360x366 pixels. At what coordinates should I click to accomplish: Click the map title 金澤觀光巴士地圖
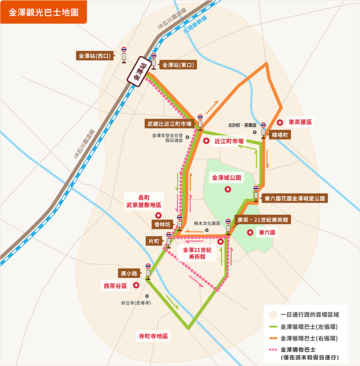click(x=43, y=12)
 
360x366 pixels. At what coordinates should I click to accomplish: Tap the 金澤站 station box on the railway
click(x=139, y=70)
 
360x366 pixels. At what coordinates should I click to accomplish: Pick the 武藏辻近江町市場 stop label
click(x=169, y=123)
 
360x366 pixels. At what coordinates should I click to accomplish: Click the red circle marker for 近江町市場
click(x=206, y=141)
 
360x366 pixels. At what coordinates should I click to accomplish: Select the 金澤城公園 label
click(x=227, y=178)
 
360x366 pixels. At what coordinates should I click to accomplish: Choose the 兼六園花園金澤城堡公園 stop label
click(x=295, y=198)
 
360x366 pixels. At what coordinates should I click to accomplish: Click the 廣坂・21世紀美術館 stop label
click(x=263, y=220)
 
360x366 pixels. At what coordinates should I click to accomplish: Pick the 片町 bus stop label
click(x=155, y=241)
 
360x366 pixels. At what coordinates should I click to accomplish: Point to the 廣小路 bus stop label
click(x=129, y=273)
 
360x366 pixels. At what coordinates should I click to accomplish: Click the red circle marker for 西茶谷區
click(x=135, y=285)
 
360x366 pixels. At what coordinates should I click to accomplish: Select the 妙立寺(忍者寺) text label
click(x=136, y=303)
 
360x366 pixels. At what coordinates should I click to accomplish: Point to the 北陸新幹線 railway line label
click(x=195, y=26)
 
